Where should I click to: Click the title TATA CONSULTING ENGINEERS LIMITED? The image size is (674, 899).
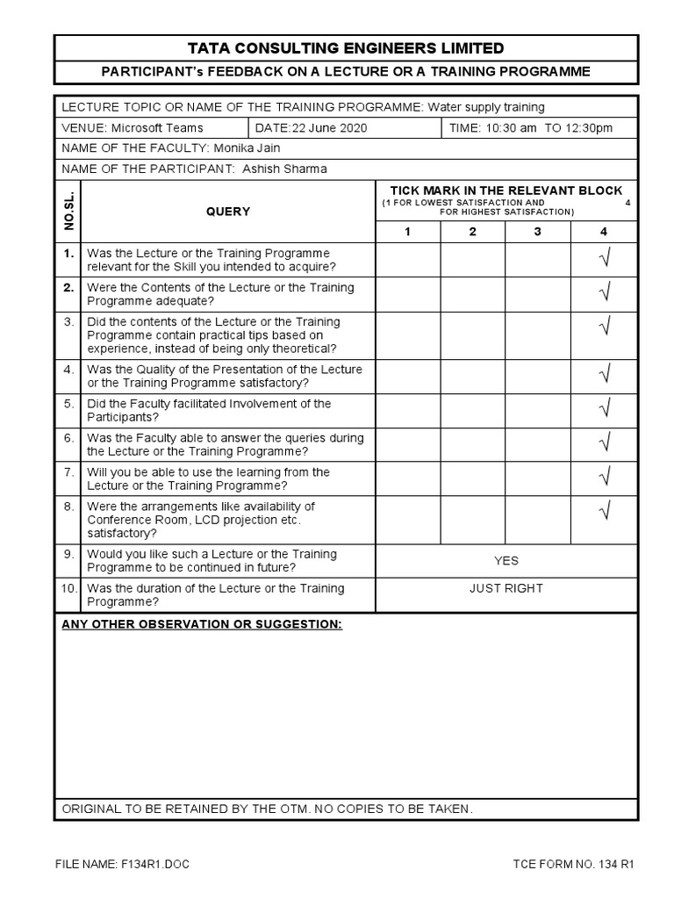coord(346,48)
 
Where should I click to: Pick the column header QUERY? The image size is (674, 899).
coord(228,212)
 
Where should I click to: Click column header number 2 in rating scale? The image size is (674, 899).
coord(472,232)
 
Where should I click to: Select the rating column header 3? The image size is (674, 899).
coord(537,232)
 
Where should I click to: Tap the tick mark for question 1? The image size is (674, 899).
coord(604,258)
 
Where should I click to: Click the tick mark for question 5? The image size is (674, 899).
coord(604,409)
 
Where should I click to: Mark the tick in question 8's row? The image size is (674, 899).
coord(604,511)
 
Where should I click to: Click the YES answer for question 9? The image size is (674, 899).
coord(506,560)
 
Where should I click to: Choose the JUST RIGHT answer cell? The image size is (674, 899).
coord(506,588)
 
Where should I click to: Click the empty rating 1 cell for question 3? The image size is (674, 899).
coord(408,334)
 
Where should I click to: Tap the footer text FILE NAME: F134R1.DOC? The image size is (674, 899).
coord(122,864)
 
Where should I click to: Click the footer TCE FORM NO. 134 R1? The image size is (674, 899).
coord(573,864)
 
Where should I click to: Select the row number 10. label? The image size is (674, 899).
coord(69,588)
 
